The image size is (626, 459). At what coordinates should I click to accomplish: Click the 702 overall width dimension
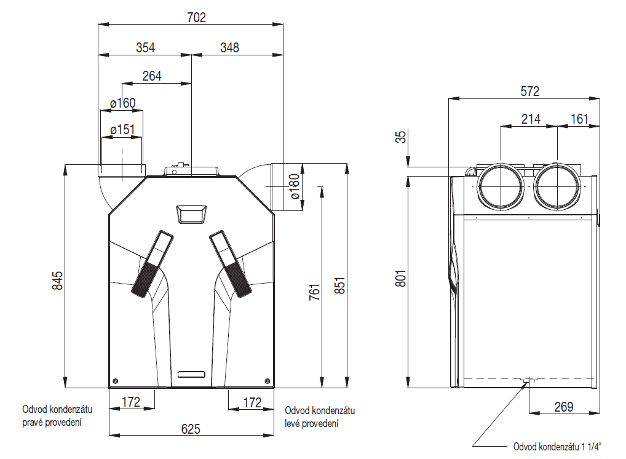(196, 18)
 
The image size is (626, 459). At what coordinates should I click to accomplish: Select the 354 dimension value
(145, 47)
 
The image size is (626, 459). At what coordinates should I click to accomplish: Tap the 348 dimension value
(229, 47)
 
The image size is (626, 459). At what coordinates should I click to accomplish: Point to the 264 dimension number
(152, 76)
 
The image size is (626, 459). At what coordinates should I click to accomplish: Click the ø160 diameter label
(123, 103)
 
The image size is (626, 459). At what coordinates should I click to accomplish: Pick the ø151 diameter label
(122, 129)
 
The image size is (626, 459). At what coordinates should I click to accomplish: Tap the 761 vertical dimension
(315, 292)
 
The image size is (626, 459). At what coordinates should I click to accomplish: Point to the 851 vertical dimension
(339, 285)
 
